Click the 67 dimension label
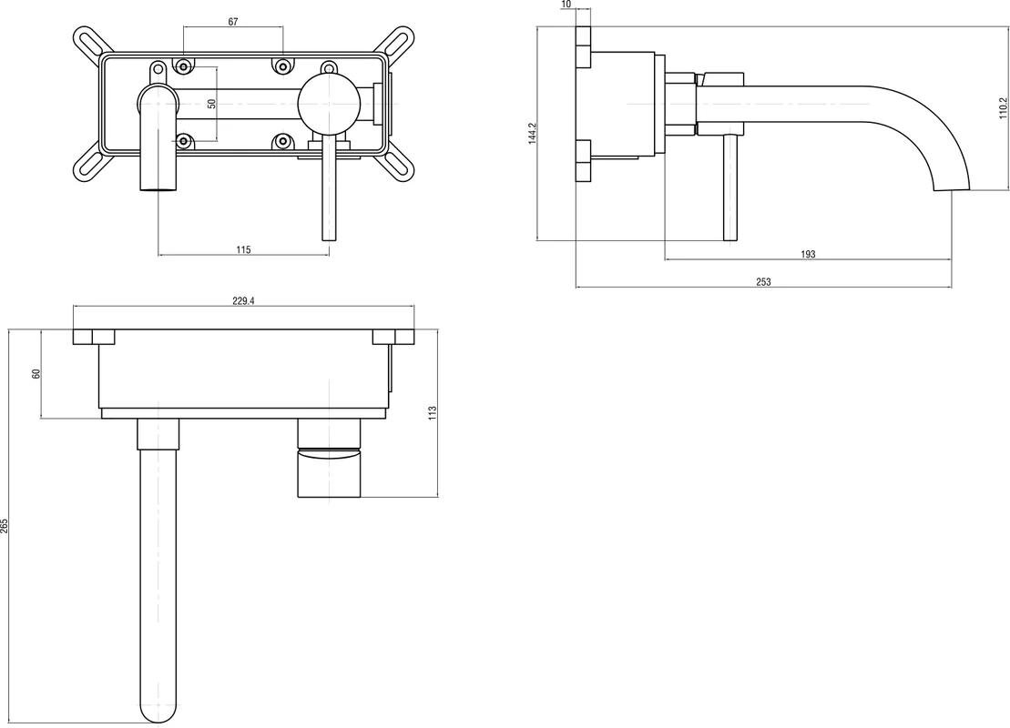(233, 22)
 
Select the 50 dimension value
(211, 104)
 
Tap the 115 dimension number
(243, 249)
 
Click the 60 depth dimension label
(36, 374)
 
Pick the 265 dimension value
(5, 525)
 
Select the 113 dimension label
(434, 411)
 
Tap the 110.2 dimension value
(1003, 109)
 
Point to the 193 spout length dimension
(808, 255)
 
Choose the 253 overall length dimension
(763, 282)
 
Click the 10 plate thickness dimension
(566, 5)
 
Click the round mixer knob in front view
(328, 102)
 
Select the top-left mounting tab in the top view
(94, 337)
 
